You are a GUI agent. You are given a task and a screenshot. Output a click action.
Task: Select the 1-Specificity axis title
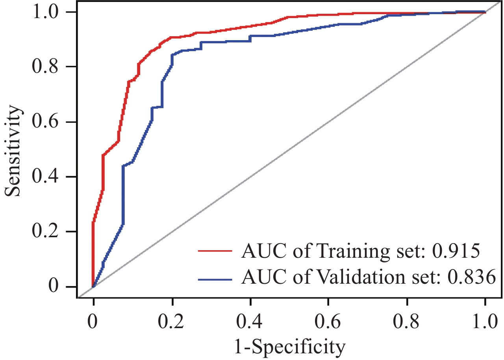coord(289,347)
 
